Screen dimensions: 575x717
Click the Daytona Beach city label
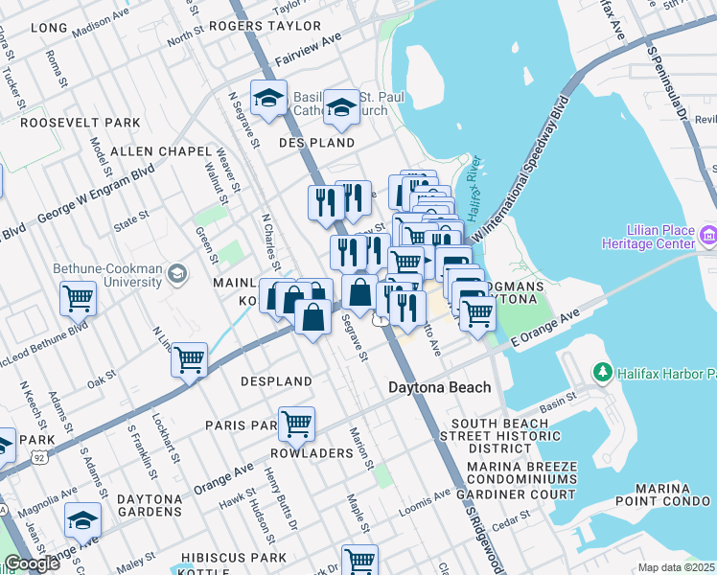click(439, 387)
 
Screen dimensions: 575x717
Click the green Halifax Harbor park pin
click(602, 371)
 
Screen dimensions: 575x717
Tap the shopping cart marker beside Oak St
click(190, 359)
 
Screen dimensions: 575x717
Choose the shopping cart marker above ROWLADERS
click(296, 422)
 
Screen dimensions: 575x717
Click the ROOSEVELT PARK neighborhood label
click(81, 123)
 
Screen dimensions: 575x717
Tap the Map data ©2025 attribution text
click(675, 567)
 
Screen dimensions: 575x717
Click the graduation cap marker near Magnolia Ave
click(82, 520)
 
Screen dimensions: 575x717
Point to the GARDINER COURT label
click(523, 494)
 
